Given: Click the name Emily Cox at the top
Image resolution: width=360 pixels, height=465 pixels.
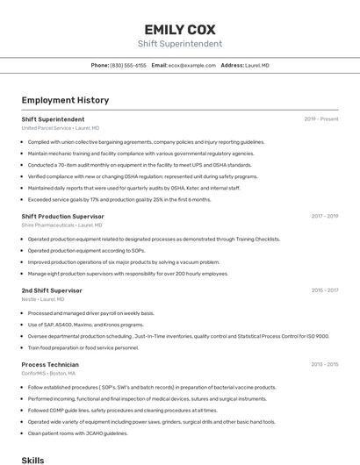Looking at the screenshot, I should (180, 28).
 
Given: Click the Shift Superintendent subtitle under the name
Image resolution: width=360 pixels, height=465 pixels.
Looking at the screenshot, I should (180, 44).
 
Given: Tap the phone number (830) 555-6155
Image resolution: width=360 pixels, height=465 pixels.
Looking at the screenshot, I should (128, 66).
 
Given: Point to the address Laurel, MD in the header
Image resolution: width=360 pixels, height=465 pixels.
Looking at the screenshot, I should (257, 66).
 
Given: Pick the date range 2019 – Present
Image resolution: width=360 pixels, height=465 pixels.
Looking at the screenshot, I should (321, 119).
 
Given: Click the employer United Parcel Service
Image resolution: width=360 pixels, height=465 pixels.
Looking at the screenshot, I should (46, 128).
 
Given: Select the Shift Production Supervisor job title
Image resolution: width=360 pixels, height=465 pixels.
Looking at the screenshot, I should (62, 216).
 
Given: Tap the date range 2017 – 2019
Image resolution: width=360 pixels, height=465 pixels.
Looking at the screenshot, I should (324, 216).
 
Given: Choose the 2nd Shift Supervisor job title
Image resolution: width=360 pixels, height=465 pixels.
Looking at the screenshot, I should (52, 290).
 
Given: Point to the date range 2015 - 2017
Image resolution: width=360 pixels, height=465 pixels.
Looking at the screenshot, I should (324, 290).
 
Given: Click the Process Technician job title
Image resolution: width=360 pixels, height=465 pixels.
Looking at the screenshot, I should (50, 364).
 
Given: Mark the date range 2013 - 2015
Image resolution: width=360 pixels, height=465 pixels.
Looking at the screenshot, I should (324, 364).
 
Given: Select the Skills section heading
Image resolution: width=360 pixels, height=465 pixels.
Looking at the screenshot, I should (32, 460).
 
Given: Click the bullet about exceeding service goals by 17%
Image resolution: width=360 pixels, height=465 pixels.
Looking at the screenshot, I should (119, 199).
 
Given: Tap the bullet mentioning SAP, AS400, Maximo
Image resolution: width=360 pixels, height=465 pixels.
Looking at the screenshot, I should (86, 325).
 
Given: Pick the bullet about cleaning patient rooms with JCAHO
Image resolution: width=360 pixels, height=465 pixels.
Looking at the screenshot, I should (78, 433).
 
